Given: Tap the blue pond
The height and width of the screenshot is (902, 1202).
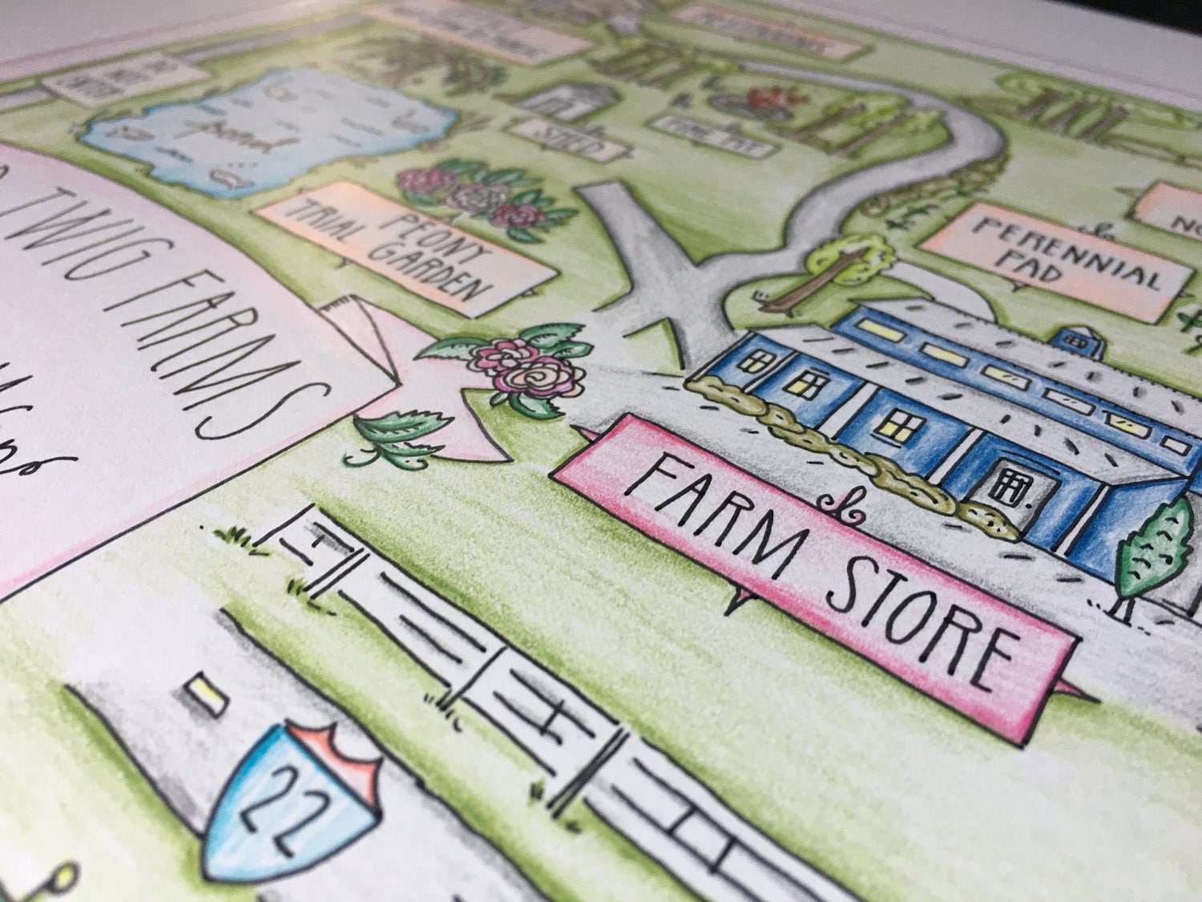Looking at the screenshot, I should tap(264, 132).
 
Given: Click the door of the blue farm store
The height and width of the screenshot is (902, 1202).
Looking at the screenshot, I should tap(1005, 485).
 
